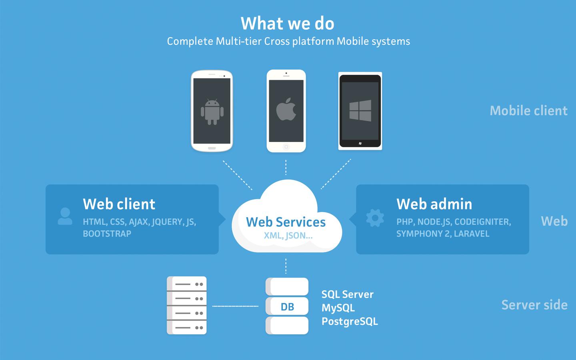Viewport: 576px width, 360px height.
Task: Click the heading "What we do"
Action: point(287,24)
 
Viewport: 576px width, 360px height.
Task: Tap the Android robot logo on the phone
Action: point(212,112)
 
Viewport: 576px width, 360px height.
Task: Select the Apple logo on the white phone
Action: point(286,110)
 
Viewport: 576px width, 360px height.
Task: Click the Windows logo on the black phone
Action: point(360,110)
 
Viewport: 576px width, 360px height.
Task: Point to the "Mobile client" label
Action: point(528,111)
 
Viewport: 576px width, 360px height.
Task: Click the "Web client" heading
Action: point(119,204)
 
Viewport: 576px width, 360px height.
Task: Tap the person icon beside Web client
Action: point(65,216)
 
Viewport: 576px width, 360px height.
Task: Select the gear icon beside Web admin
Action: point(375,218)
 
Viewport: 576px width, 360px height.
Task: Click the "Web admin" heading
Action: point(434,204)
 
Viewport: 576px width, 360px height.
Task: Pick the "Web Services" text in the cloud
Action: point(286,222)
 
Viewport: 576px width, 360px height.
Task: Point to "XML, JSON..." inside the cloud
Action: point(288,236)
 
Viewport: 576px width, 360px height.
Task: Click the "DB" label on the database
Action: point(287,307)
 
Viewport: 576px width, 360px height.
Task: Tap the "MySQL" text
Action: point(338,308)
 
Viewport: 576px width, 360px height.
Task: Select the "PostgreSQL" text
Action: point(350,322)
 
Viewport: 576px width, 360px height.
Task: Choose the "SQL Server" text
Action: point(347,294)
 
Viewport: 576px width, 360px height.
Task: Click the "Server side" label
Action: point(534,305)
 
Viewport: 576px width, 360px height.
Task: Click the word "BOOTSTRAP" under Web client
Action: point(107,234)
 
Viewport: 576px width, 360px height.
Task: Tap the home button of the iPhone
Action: point(286,147)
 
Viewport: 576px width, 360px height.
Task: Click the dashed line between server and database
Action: point(235,306)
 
